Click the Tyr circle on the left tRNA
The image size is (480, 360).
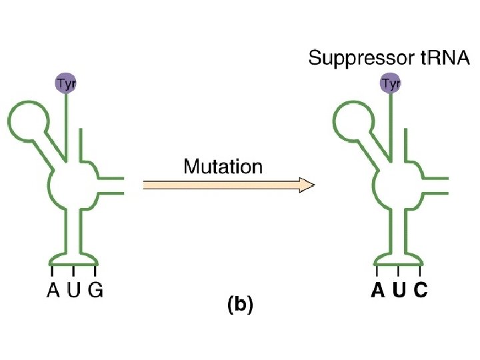[65, 83]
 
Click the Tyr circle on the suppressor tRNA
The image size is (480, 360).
[391, 83]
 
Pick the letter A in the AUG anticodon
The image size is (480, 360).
[52, 291]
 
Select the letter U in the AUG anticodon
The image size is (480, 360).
[73, 291]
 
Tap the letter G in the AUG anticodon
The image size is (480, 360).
[95, 291]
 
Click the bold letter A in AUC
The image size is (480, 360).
[378, 291]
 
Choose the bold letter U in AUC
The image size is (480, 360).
[399, 291]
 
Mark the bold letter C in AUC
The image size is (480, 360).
[420, 291]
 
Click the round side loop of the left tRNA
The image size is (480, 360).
[29, 120]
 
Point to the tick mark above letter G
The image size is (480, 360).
[95, 271]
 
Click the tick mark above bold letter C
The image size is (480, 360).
[420, 271]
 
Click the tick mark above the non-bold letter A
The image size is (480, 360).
[52, 271]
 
